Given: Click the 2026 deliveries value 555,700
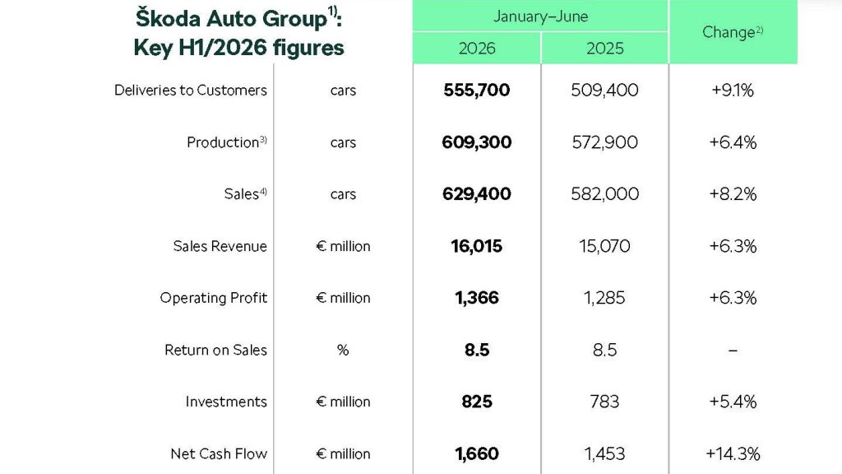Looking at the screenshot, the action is [476, 90].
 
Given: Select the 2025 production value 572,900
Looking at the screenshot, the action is [604, 142].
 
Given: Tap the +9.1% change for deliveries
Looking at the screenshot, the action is [733, 90].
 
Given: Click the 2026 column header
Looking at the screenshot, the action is [477, 49].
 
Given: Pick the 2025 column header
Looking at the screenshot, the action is [604, 49].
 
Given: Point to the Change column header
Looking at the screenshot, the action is [733, 32].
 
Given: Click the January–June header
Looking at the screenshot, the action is [541, 16].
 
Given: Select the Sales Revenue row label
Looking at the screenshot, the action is [220, 246].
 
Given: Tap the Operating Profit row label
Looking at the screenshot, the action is [213, 298].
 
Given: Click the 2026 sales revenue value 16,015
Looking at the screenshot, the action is [476, 246].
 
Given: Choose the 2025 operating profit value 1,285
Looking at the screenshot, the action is [604, 298].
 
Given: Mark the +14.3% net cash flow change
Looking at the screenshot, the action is [733, 453].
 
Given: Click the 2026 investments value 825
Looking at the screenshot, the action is [477, 402].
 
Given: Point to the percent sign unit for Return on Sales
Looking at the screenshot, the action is [343, 350].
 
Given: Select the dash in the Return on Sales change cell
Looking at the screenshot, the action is [733, 351].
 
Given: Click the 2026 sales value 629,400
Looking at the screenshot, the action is [476, 194].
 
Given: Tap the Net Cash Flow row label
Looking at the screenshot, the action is [219, 453].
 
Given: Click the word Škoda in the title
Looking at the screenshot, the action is [168, 18].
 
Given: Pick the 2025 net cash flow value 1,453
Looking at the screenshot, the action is [604, 453].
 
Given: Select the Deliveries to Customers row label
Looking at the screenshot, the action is [191, 90].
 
